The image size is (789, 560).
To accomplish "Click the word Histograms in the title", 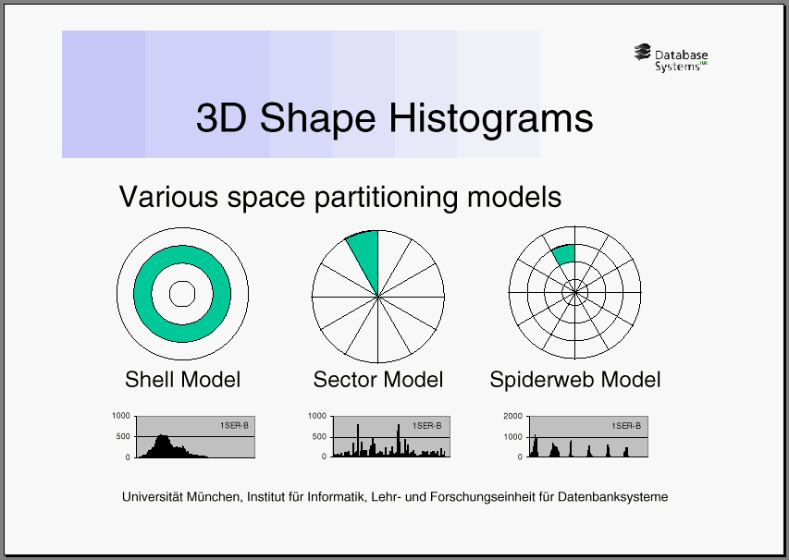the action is tap(490, 118).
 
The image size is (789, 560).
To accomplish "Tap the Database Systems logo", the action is tap(671, 58).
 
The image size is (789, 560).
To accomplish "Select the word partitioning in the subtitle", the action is tap(386, 197).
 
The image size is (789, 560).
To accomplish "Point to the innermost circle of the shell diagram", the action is tap(182, 281).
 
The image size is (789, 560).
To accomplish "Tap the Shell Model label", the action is tap(182, 380).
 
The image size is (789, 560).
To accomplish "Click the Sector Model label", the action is tap(378, 380).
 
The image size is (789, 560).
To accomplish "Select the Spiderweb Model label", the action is tap(575, 380).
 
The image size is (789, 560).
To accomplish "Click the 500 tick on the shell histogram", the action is tap(123, 436).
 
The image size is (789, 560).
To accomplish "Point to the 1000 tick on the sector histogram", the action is tap(317, 416).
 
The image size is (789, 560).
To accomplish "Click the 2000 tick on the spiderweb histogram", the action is tap(512, 416).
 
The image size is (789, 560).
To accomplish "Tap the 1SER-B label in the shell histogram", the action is tap(234, 426).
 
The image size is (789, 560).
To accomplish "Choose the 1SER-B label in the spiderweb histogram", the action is tap(626, 426).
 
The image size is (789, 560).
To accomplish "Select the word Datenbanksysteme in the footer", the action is tap(613, 497).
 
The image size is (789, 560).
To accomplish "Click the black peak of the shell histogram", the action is tap(162, 436).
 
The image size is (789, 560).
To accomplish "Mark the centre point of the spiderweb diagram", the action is tap(575, 292).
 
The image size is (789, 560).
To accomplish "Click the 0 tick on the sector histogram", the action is tap(324, 457).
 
